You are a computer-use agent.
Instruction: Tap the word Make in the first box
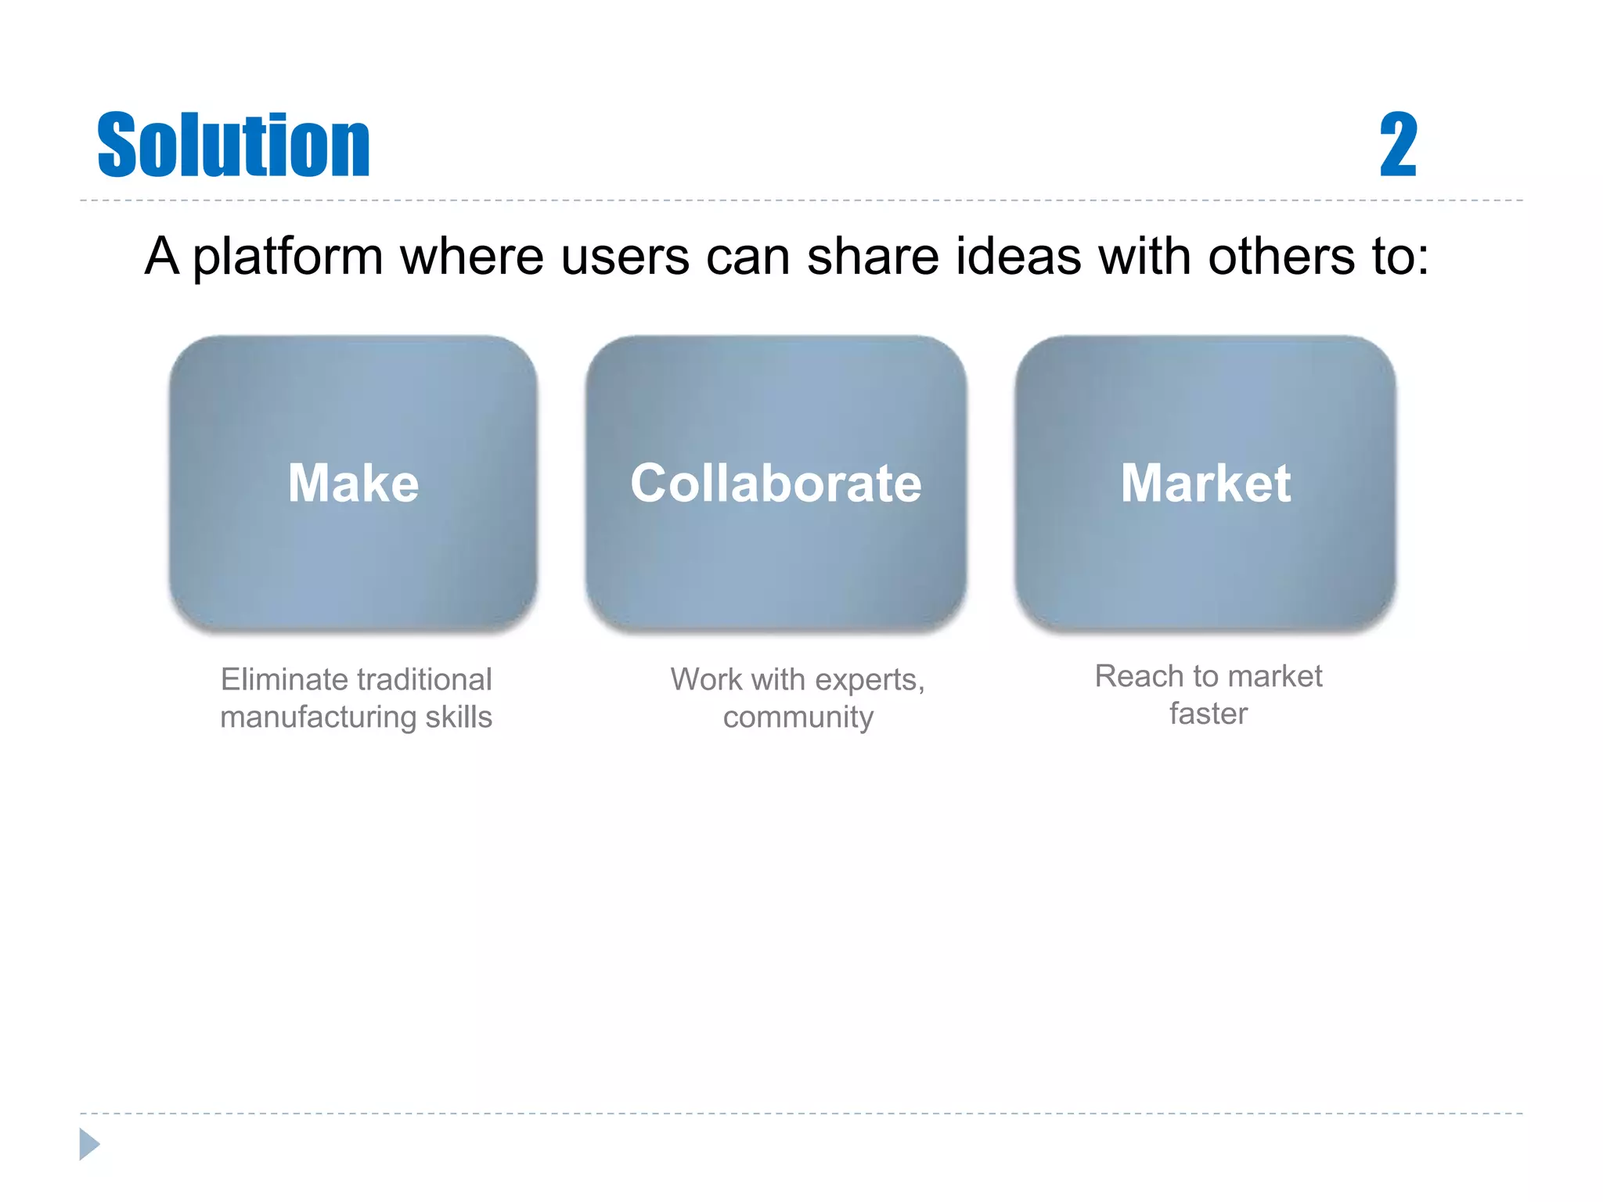coord(353,483)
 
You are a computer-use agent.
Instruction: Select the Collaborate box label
coord(776,483)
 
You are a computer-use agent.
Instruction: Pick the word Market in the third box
coord(1205,483)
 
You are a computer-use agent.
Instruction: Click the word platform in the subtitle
coord(287,257)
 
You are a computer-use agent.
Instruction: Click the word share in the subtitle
coord(873,257)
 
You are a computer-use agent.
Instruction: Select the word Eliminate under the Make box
coord(283,679)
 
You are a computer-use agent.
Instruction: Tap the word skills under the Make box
coord(459,717)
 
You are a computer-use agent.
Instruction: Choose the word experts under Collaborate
coord(869,679)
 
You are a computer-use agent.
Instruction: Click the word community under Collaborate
coord(798,717)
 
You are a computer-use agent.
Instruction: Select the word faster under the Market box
coord(1208,714)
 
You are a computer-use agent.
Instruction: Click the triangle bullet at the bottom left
coord(89,1144)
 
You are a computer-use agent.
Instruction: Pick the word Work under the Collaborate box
coord(706,679)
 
